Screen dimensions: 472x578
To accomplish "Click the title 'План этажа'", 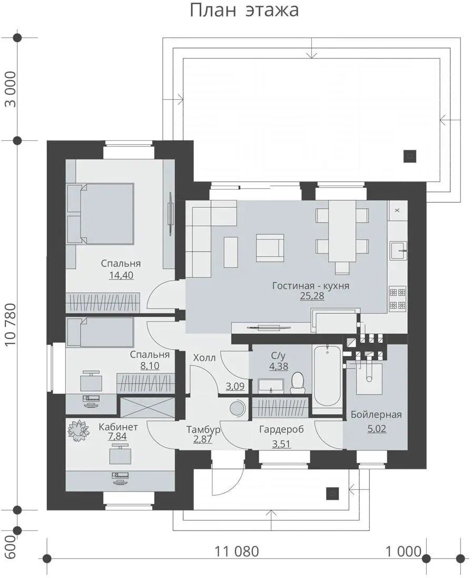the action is pos(244,10).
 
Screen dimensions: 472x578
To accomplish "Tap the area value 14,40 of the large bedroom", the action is pos(121,275).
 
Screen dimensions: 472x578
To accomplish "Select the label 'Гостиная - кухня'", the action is pos(311,286).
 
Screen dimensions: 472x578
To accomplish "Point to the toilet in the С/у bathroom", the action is pos(298,382).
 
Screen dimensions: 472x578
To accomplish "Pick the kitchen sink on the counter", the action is pos(398,251).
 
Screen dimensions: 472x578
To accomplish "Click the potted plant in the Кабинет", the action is pos(78,430).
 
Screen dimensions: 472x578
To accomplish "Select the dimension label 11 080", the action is pos(237,552).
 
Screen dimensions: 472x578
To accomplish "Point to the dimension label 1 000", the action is pos(403,552).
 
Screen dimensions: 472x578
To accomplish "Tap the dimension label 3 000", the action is pos(11,89).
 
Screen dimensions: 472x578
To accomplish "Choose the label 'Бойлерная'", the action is pos(376,415).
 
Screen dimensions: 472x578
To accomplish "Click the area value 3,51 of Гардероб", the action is pos(281,444).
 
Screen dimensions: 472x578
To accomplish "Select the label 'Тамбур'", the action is pos(203,430).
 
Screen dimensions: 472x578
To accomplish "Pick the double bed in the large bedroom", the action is pos(100,214).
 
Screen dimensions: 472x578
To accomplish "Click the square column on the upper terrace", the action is pos(410,156).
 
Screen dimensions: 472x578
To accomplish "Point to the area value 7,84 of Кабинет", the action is pos(117,437).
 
